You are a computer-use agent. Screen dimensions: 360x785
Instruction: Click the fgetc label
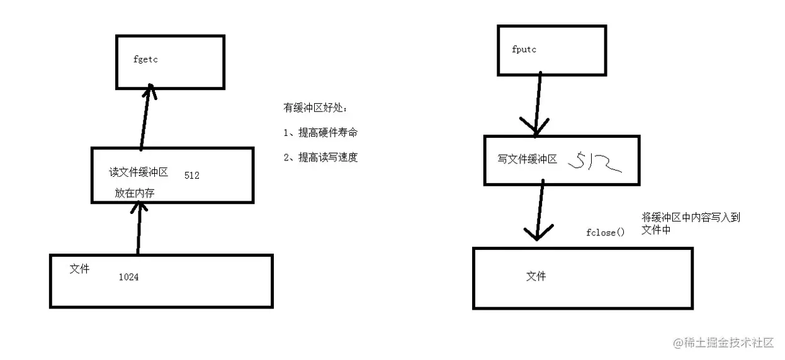point(145,59)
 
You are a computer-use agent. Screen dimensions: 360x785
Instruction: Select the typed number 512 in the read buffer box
point(192,176)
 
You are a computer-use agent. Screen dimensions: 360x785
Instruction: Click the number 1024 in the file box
point(128,276)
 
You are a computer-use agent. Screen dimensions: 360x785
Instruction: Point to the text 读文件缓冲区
point(138,172)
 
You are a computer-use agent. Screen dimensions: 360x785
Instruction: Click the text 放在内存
point(135,193)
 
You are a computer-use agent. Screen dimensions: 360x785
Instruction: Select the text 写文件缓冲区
point(527,159)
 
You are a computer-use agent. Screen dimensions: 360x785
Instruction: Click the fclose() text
point(605,232)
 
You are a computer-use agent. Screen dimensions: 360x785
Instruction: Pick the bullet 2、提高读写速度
point(321,157)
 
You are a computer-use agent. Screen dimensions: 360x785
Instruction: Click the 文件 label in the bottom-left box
point(79,269)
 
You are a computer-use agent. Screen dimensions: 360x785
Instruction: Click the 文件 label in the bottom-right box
point(536,276)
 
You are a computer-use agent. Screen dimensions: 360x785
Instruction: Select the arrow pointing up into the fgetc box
point(145,118)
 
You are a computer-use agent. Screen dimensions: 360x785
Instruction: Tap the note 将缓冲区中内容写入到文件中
point(690,223)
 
